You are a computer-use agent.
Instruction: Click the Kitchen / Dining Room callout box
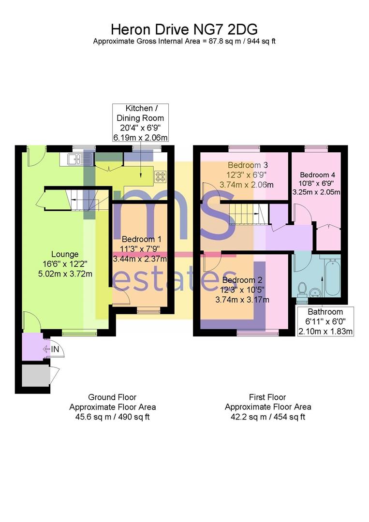point(140,123)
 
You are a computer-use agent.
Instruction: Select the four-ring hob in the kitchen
point(160,176)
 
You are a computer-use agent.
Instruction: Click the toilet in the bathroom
point(303,289)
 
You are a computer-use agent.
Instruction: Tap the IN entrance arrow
point(52,349)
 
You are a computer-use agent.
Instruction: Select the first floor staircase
point(244,213)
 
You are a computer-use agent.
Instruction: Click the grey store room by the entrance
point(36,376)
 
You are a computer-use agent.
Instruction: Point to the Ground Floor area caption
point(112,407)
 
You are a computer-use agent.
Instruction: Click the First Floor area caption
point(268,407)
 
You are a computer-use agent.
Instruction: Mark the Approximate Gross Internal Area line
point(184,41)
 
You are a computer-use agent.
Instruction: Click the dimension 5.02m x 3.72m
point(65,274)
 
